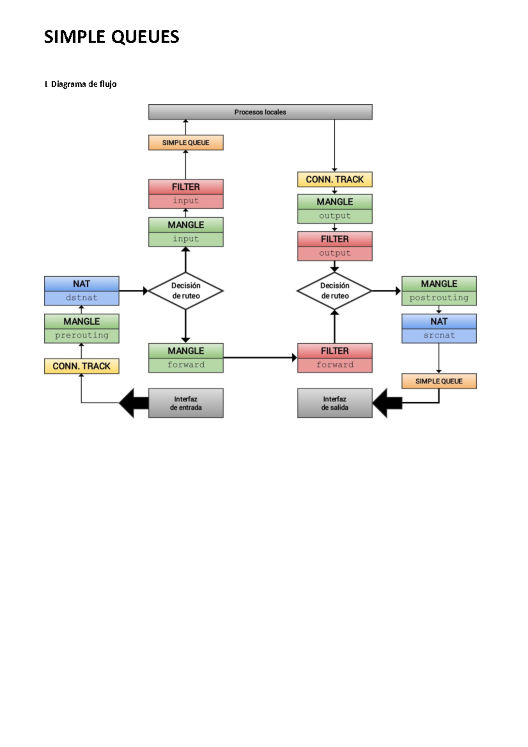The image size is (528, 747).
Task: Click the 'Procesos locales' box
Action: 260,112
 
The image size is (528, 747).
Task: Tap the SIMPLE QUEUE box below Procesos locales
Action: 186,143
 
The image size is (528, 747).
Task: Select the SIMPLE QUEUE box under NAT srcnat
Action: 439,381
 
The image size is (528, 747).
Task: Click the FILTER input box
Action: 186,194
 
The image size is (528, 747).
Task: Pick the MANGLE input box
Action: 186,232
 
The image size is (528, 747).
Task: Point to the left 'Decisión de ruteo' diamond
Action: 186,291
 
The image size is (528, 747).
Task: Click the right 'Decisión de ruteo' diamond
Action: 334,291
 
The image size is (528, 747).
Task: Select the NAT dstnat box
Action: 81,291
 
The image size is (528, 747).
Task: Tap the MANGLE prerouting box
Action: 81,328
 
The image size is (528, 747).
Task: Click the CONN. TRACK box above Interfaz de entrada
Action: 81,366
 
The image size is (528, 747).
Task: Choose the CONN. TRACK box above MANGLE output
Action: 334,179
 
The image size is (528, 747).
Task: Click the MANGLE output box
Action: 334,209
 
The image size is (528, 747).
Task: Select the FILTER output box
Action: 334,246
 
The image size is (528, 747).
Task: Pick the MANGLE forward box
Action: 186,358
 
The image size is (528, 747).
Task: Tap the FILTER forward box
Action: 334,358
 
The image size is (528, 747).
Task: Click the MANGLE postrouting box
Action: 439,291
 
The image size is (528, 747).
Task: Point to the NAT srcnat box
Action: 439,328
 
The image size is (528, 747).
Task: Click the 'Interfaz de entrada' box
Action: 186,403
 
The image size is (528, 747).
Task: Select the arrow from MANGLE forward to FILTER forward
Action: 260,358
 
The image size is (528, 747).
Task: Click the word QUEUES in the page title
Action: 145,37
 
